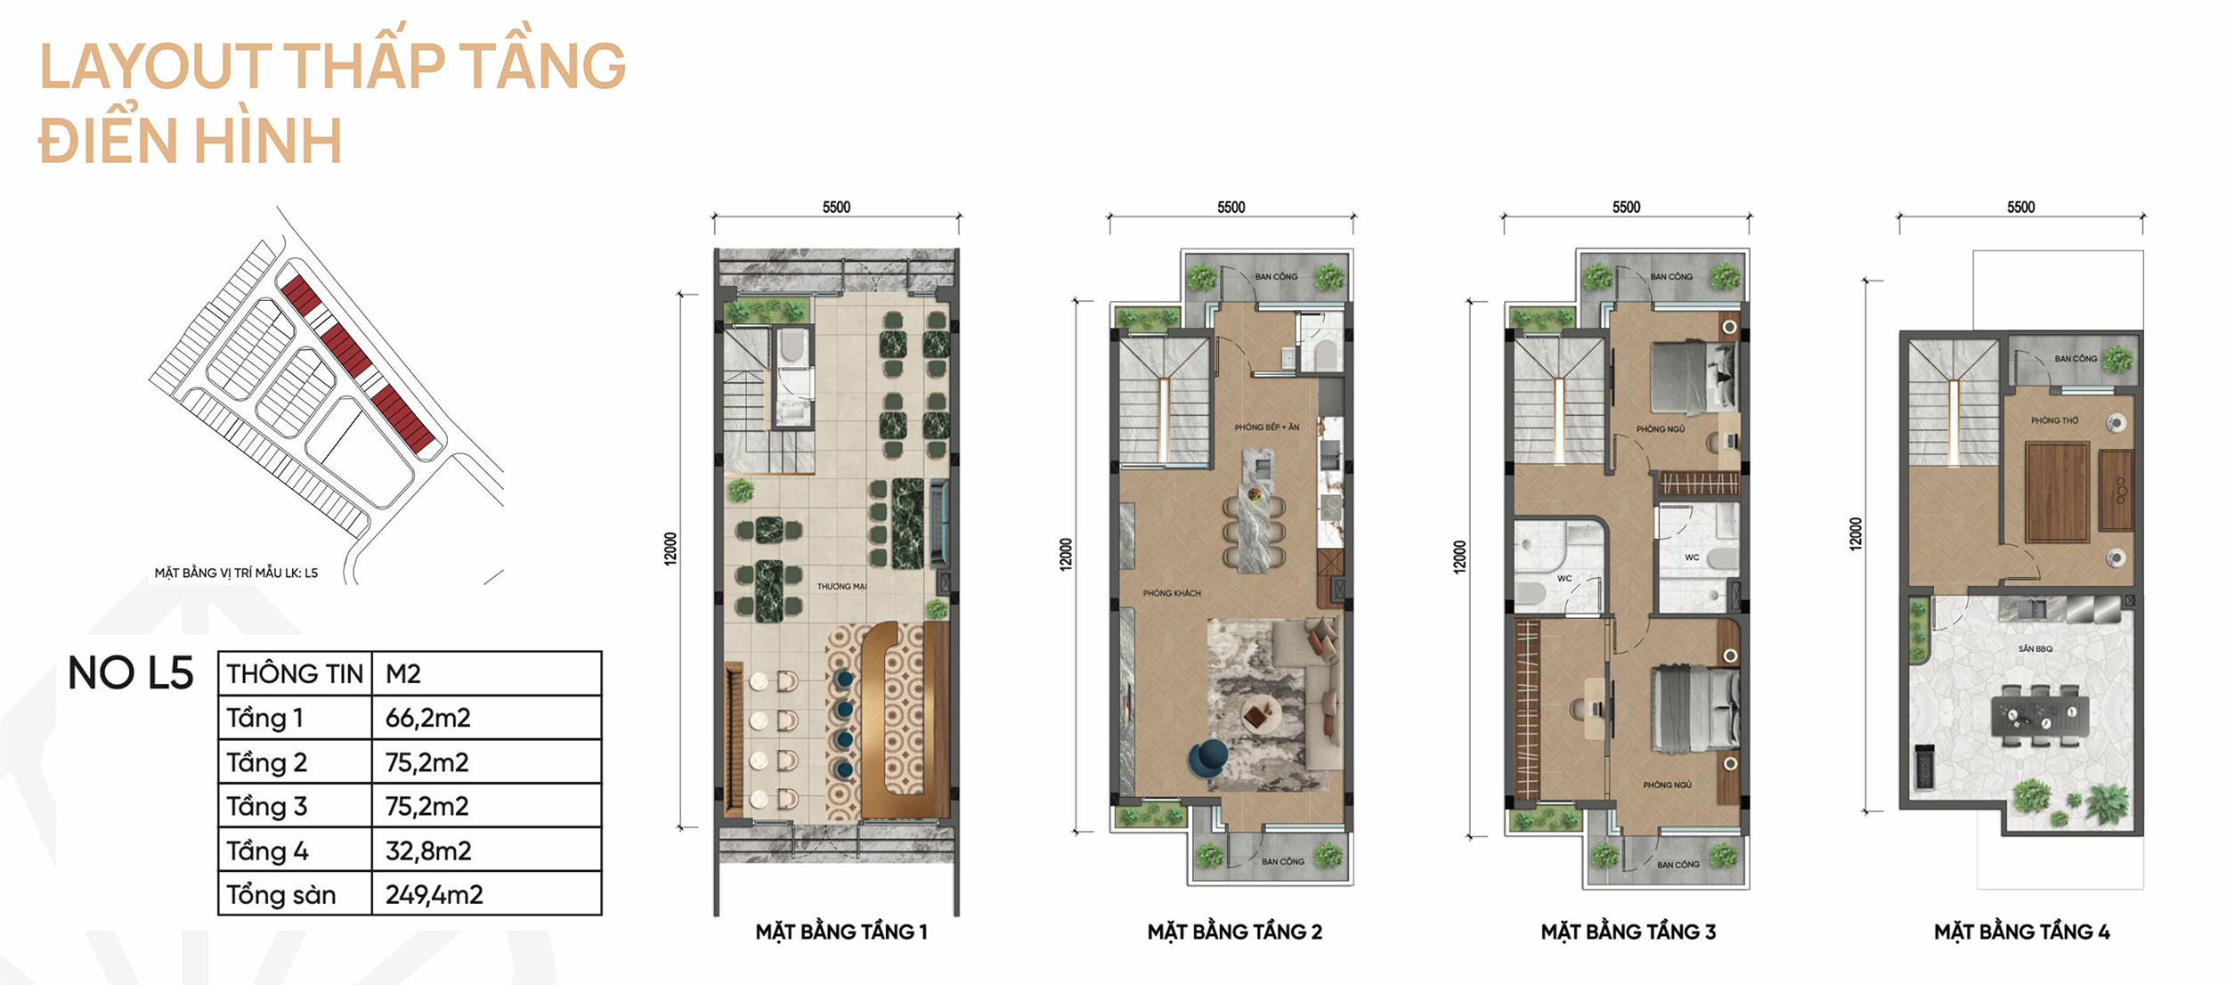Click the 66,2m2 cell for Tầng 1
(427, 718)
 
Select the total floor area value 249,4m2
(434, 894)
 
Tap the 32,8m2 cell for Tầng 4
(428, 851)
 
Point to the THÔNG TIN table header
(295, 674)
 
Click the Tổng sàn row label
(280, 894)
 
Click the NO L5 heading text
(131, 673)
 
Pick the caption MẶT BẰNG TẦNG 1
(841, 932)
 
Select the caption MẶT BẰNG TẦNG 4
(2021, 932)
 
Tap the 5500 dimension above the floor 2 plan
(1231, 208)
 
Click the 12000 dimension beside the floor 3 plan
(1459, 557)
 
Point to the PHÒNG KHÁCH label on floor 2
(1172, 593)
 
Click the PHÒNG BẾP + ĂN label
(1266, 427)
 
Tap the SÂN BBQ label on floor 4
(2035, 648)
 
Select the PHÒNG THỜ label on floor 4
(2055, 420)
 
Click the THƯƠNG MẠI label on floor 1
(841, 587)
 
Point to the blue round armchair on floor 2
(1207, 758)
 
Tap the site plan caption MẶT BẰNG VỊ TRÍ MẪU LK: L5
(236, 573)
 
